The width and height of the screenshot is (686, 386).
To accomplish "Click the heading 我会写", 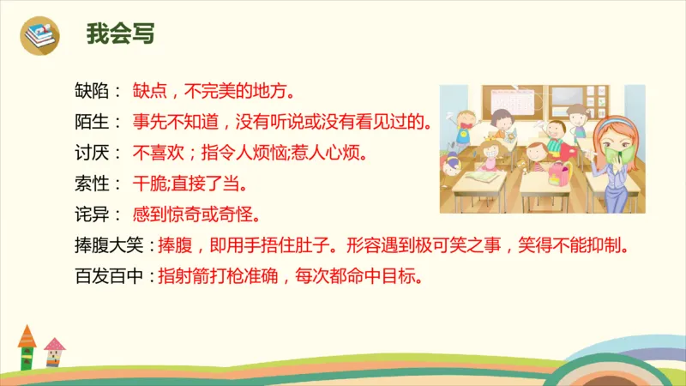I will click(x=120, y=34).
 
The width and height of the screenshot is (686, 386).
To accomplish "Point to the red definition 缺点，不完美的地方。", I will click(x=214, y=90).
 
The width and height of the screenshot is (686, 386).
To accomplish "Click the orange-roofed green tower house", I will click(x=27, y=347).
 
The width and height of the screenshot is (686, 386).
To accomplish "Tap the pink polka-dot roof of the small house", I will click(x=54, y=346).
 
